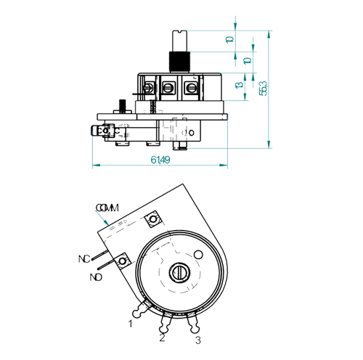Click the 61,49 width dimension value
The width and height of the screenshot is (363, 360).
[160, 160]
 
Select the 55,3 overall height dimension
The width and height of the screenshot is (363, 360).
[263, 89]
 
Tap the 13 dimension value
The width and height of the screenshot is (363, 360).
[239, 85]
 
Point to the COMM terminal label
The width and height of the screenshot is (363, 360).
[107, 208]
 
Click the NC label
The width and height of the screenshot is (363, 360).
[84, 259]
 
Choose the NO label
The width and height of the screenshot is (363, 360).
[96, 277]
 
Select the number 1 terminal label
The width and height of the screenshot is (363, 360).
[131, 324]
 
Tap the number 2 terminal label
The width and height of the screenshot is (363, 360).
[162, 338]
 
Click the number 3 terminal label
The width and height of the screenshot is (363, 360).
[198, 340]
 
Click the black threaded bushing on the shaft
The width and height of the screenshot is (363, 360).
[179, 62]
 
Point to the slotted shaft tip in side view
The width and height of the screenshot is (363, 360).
[179, 41]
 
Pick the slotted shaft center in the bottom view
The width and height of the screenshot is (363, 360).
[179, 273]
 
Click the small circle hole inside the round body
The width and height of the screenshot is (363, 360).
[198, 255]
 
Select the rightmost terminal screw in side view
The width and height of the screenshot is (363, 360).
[191, 88]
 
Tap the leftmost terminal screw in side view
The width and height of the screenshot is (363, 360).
[148, 88]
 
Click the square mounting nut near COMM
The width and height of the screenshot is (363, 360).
[153, 219]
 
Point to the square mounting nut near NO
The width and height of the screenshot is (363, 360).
[123, 261]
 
